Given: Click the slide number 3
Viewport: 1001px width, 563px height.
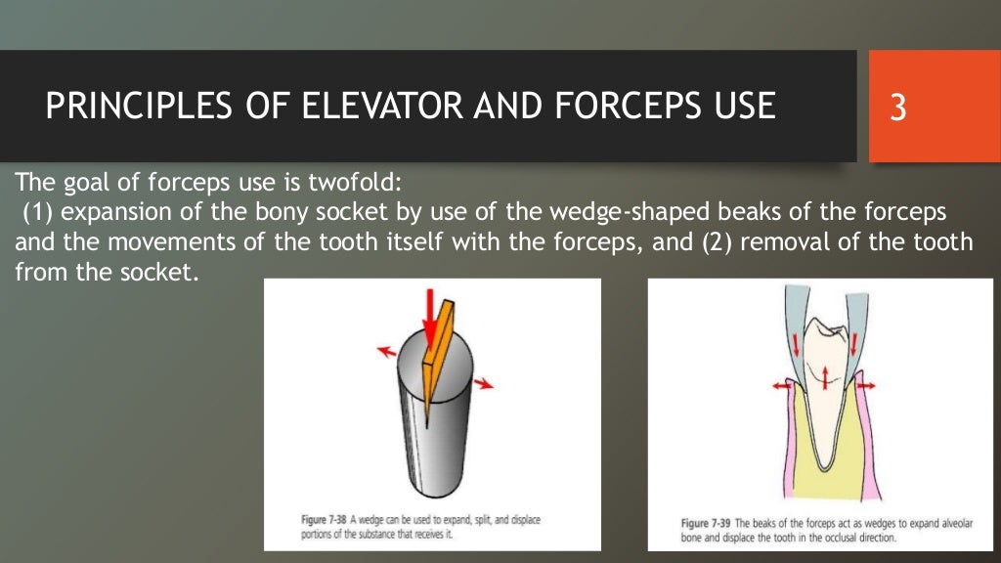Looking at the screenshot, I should (897, 107).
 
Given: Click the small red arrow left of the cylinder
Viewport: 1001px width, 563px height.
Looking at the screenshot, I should (386, 350).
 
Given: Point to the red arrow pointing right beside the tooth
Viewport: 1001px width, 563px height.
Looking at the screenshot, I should (865, 386).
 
